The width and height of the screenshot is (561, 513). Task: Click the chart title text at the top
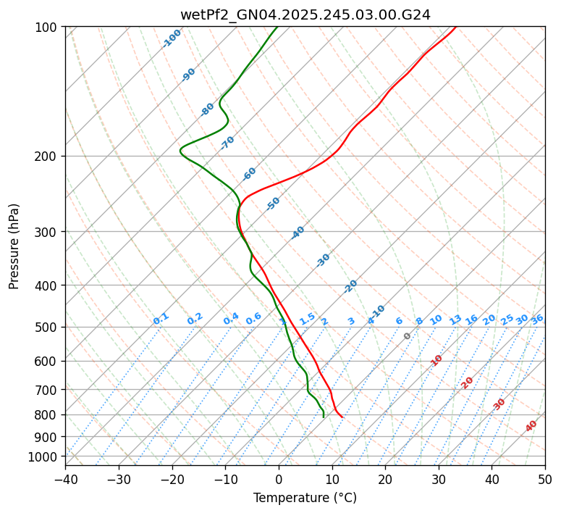tap(305, 14)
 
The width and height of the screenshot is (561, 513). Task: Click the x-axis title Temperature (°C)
tap(305, 498)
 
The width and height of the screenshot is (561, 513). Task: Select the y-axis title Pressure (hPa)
tap(14, 246)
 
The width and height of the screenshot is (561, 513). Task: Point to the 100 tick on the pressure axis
tap(48, 28)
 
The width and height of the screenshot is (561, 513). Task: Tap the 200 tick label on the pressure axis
tap(48, 157)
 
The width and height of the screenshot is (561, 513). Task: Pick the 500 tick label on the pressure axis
tap(48, 328)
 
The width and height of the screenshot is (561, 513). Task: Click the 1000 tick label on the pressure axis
tap(46, 457)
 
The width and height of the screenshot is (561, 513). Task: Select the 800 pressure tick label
tap(48, 415)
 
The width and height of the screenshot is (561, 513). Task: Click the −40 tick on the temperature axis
tap(65, 479)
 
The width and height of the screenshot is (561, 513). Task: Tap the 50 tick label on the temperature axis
tap(545, 479)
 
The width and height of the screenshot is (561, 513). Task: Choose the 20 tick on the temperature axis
tap(385, 479)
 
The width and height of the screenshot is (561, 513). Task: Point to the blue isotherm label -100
tap(172, 38)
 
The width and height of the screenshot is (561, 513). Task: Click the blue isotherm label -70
tap(227, 143)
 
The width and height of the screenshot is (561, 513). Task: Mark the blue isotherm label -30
tap(323, 260)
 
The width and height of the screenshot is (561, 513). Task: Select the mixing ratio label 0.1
tap(161, 318)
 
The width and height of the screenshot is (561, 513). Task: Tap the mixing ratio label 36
tap(537, 319)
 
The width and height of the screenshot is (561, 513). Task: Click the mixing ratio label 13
tap(455, 320)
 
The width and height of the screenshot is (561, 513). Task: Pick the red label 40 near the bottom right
tap(531, 426)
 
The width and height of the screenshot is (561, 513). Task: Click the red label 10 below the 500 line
tap(436, 360)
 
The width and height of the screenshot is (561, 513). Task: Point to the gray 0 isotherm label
tap(408, 336)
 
